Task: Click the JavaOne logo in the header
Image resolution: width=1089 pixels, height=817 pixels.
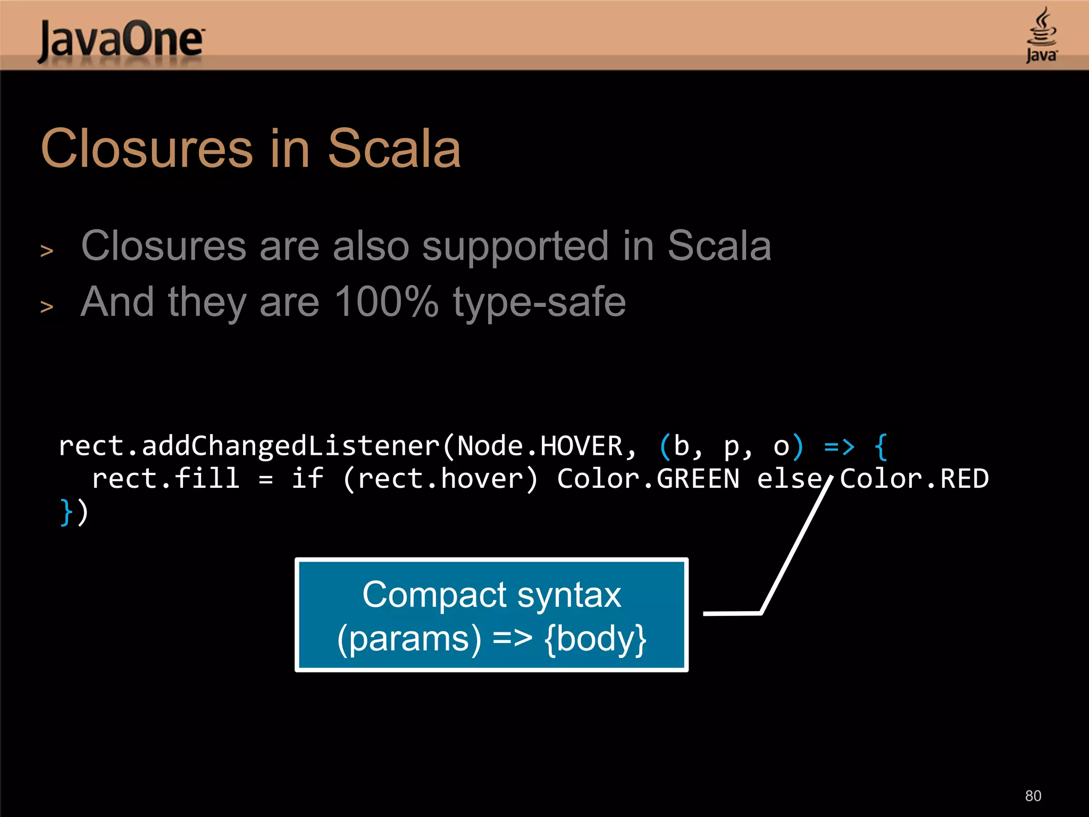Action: click(121, 40)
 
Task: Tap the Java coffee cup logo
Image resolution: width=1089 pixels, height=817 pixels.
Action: click(1041, 35)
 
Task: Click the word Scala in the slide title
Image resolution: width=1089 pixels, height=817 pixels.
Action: click(393, 149)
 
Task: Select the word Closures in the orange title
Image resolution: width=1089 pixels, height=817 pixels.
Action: click(147, 149)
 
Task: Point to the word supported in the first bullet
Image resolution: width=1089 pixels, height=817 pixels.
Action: click(515, 246)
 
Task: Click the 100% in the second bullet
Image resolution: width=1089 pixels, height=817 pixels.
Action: click(387, 302)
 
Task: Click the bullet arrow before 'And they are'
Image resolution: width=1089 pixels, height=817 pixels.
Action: click(47, 307)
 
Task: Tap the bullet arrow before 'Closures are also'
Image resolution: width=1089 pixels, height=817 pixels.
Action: click(47, 251)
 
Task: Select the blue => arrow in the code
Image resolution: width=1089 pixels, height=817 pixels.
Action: click(839, 446)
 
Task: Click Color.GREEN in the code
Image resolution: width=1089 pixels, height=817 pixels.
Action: click(648, 479)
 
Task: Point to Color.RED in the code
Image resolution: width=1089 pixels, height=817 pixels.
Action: click(914, 479)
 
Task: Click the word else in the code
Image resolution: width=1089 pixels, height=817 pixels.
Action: click(789, 479)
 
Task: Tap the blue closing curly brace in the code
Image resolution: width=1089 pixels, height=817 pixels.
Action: click(66, 512)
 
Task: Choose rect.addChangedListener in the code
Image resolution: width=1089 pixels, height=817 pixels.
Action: click(249, 446)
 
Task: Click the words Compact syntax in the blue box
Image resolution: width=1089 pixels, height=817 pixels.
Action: click(491, 595)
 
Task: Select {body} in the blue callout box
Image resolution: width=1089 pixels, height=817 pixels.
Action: click(595, 638)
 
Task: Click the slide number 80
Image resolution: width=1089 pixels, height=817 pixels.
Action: click(1033, 796)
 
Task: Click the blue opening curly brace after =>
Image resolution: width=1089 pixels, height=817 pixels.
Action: click(881, 446)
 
